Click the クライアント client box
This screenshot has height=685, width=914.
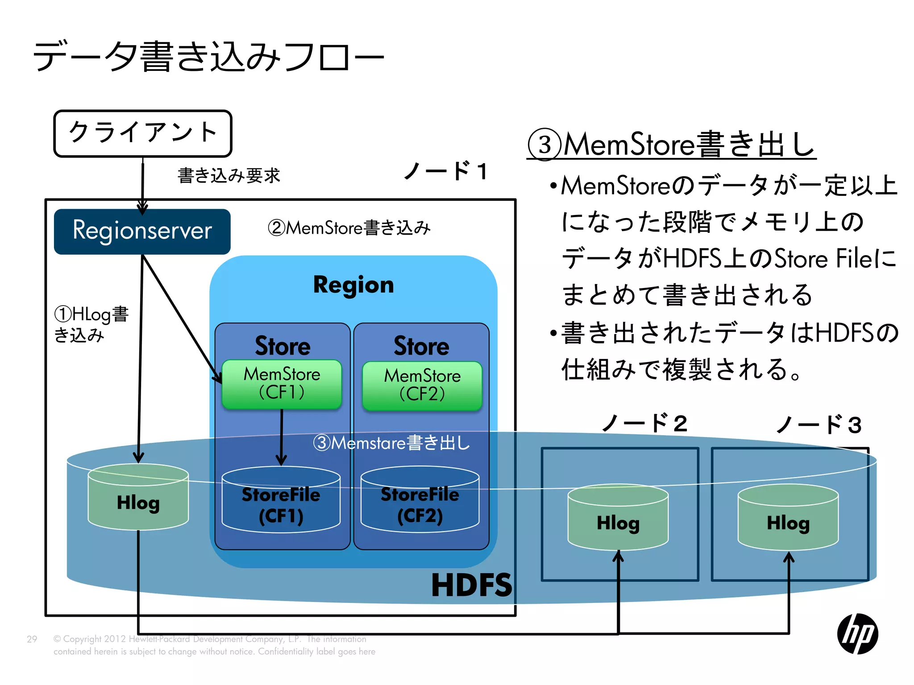tap(143, 133)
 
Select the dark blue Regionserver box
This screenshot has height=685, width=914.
tap(142, 231)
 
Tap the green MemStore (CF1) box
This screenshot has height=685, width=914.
tap(282, 384)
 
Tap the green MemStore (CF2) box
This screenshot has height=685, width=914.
tap(422, 386)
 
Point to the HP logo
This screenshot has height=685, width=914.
tap(857, 634)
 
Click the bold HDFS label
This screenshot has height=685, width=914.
tap(471, 585)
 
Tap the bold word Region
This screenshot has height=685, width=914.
tap(353, 285)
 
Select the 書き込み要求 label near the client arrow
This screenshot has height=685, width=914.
tap(228, 176)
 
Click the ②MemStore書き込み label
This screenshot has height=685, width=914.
tap(349, 228)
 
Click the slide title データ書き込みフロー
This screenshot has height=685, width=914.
tap(208, 57)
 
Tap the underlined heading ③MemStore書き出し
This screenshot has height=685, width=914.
tap(671, 144)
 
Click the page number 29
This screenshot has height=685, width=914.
tap(32, 639)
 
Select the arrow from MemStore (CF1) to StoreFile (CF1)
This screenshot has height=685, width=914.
tap(281, 437)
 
